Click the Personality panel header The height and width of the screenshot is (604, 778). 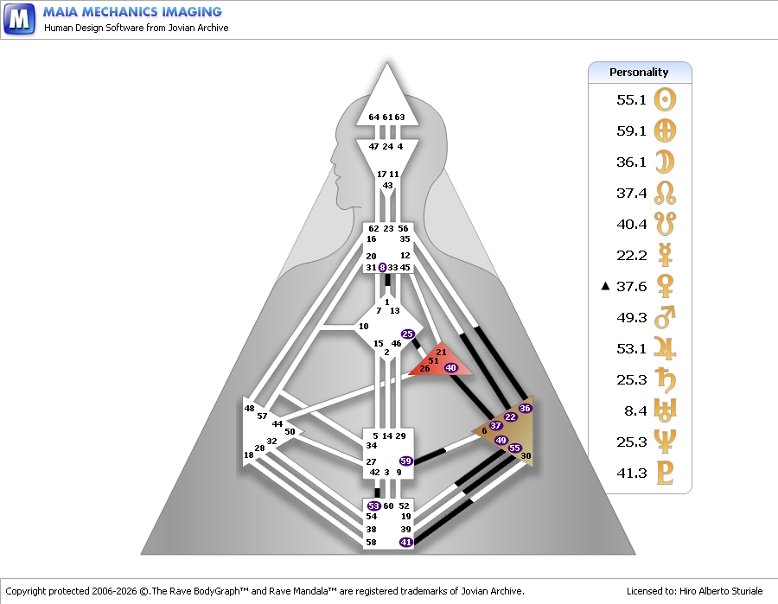pos(640,73)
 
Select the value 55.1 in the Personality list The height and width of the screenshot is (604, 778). pos(631,99)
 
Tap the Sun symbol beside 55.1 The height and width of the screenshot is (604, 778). pos(666,99)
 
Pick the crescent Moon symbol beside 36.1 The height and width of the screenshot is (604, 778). pos(666,162)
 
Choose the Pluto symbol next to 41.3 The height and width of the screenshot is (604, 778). pos(666,474)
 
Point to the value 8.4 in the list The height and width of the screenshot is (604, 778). pos(635,411)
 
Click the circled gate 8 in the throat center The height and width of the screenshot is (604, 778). pos(382,268)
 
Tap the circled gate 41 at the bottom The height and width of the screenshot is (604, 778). pos(405,542)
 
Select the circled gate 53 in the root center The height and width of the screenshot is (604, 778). pos(374,505)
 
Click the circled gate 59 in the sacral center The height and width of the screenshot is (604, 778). pos(405,461)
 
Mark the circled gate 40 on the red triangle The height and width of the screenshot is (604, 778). pos(450,368)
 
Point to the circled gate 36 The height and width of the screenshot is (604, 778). pos(525,408)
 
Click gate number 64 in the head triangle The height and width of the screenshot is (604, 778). pos(373,118)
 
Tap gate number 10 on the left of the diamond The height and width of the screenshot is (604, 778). pos(363,326)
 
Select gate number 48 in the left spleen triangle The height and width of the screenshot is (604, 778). pos(249,408)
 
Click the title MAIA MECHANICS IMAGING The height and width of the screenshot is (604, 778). pos(132,12)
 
